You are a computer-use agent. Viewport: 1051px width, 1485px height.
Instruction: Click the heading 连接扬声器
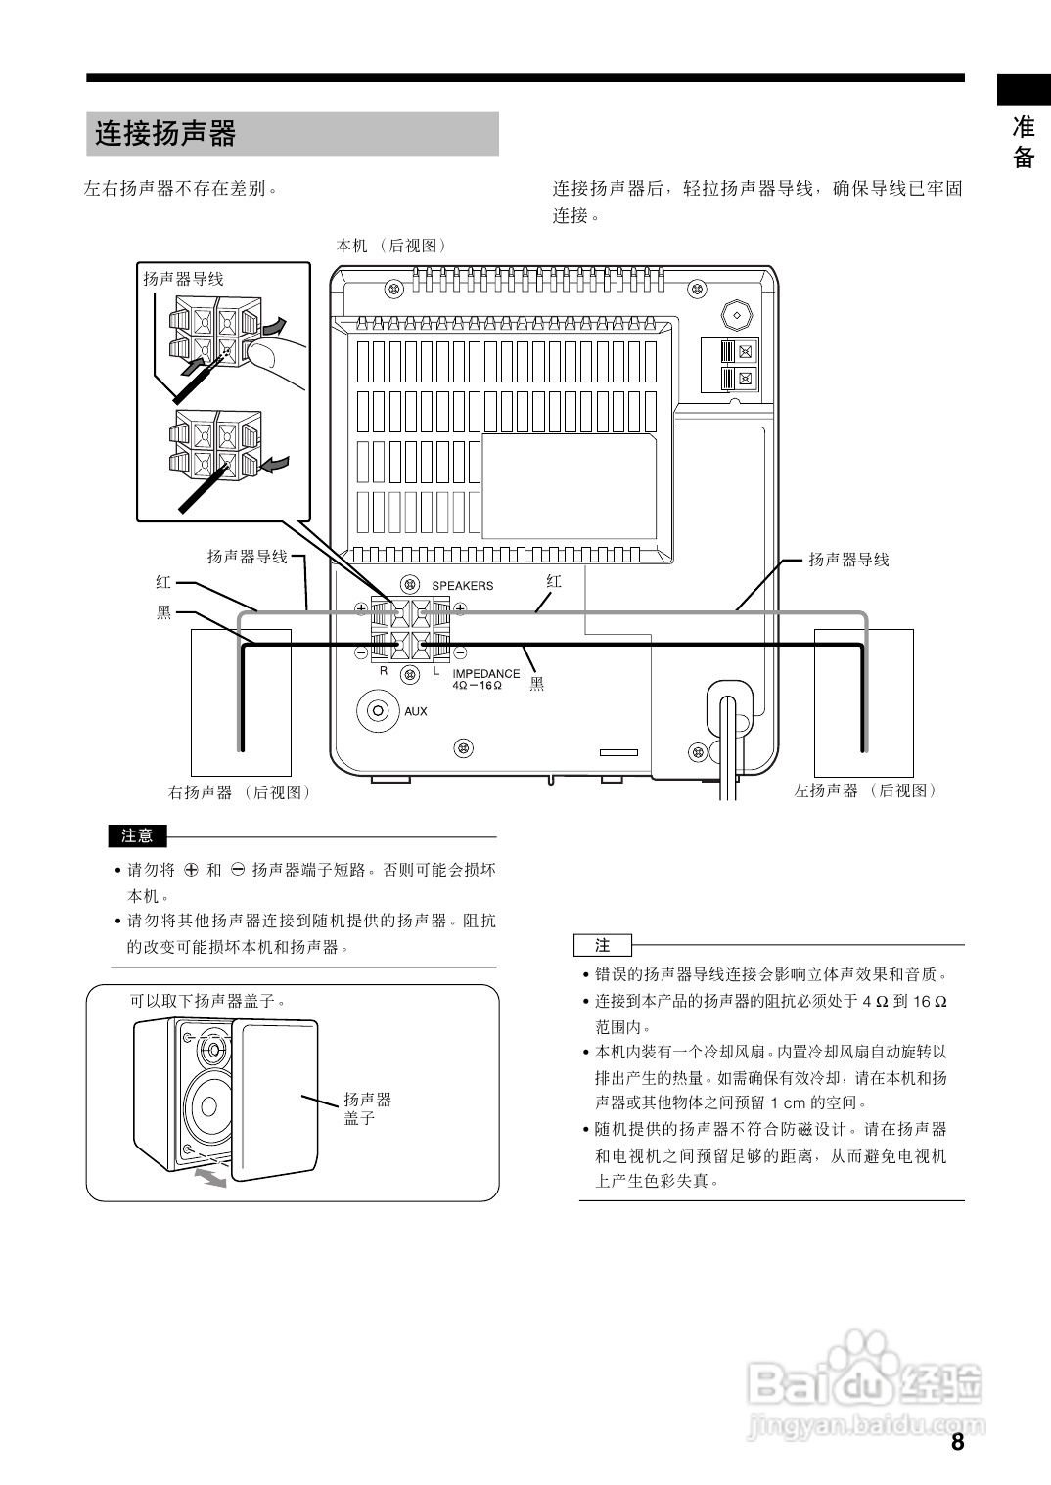[165, 133]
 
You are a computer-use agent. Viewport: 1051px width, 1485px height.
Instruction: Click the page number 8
[956, 1442]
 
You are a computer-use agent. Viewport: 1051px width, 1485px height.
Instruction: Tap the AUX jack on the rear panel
[378, 710]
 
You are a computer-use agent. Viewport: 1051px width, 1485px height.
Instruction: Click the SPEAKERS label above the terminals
[463, 586]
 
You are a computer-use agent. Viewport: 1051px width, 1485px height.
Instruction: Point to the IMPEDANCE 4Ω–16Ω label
[485, 679]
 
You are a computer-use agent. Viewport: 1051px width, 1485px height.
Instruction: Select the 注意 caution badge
[138, 836]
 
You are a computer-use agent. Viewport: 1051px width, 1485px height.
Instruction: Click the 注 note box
[603, 946]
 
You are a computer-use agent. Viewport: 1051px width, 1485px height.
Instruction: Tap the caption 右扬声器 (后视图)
[239, 792]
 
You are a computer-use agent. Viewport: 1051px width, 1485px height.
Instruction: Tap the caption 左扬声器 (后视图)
[864, 790]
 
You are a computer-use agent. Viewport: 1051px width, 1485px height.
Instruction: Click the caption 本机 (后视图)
[390, 246]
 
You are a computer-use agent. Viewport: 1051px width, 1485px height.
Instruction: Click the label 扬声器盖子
[367, 1108]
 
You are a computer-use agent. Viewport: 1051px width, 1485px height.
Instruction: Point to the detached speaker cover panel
[277, 1096]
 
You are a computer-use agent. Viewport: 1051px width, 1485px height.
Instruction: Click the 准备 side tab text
[1024, 142]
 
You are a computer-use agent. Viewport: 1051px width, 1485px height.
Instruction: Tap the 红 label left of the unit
[163, 582]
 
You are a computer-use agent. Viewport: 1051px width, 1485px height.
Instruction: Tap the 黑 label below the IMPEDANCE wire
[536, 684]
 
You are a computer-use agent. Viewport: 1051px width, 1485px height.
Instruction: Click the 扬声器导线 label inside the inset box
[183, 279]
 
